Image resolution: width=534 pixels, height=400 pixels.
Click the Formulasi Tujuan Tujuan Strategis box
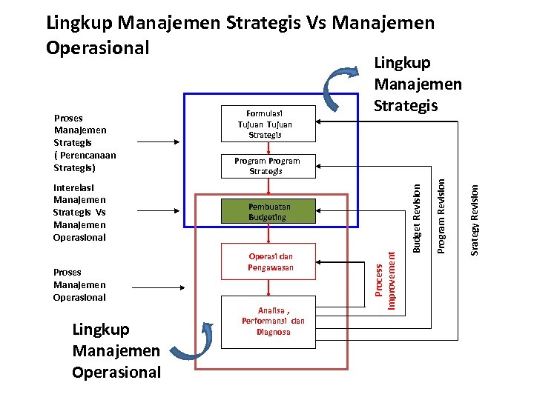[269, 123]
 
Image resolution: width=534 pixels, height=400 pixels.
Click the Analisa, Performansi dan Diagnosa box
[272, 321]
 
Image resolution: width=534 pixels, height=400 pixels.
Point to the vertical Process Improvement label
[385, 278]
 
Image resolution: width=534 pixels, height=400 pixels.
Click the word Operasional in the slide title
[97, 47]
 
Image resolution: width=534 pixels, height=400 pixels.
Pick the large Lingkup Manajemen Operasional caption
[116, 350]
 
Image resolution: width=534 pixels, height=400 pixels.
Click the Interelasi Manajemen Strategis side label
[80, 213]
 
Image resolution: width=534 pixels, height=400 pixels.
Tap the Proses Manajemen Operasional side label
[80, 284]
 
